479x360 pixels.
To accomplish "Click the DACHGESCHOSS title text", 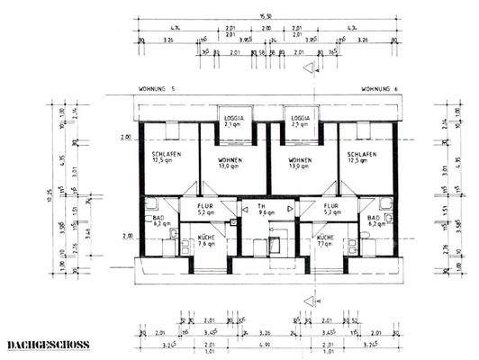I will pyautogui.click(x=42, y=345).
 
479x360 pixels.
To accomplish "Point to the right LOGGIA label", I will pyautogui.click(x=300, y=121).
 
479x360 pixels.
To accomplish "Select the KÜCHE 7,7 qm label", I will pyautogui.click(x=326, y=240).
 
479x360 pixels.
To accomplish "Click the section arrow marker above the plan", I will pyautogui.click(x=309, y=67).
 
